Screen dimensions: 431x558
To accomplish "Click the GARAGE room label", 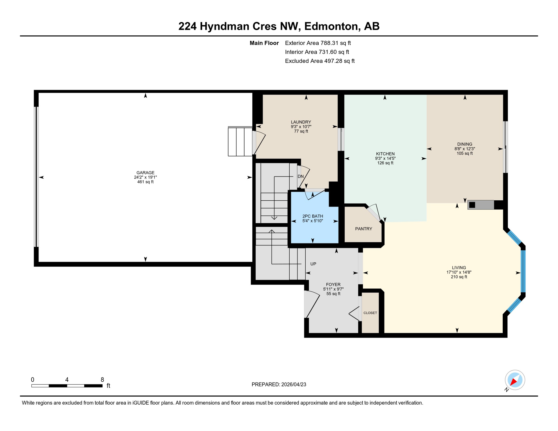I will tap(145, 173).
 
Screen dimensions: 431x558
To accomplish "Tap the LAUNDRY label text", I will tap(301, 122).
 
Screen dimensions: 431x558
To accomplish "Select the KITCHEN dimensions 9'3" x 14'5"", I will tap(385, 159).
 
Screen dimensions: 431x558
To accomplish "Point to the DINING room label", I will tap(465, 144).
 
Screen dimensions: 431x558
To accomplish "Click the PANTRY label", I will tap(363, 229).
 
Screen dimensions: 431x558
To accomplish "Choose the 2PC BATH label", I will tap(312, 216).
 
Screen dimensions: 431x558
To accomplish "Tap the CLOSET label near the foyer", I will tap(370, 313).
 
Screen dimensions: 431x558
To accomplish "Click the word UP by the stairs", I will tap(313, 264).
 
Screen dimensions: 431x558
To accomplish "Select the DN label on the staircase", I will tap(301, 176).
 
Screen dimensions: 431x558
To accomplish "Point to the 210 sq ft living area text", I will tap(459, 277).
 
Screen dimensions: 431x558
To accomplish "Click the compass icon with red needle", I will tap(515, 380).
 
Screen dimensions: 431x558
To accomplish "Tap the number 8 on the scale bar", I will tap(102, 380).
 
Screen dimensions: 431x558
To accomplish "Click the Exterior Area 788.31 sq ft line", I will tap(318, 43).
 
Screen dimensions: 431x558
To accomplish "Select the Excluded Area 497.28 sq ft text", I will tap(320, 61).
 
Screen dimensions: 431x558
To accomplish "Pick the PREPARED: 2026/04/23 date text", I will tap(279, 384).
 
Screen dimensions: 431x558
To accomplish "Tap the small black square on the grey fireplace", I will tap(472, 205).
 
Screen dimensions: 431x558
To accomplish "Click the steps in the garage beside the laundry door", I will tap(240, 142).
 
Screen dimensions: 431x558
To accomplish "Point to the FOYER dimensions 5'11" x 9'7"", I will tap(333, 289).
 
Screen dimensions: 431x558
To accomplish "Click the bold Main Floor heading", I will tap(264, 43).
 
